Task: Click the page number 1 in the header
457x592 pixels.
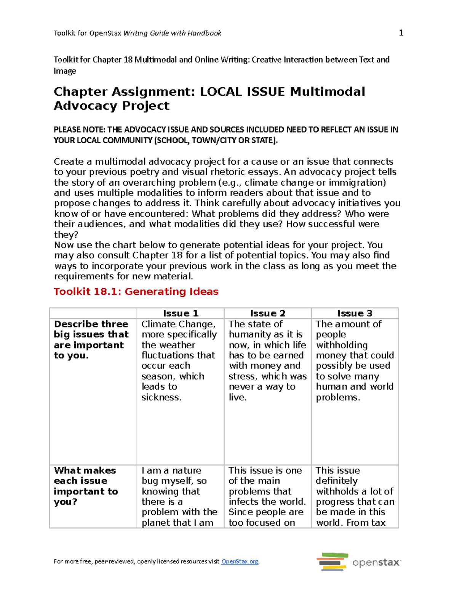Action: click(401, 33)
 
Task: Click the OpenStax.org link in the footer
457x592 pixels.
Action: click(240, 561)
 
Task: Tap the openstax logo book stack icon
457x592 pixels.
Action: click(332, 562)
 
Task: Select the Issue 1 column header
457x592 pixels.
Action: click(181, 313)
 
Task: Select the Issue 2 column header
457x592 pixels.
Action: click(268, 313)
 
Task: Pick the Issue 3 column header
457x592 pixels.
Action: click(355, 313)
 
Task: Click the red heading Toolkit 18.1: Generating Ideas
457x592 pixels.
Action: click(136, 292)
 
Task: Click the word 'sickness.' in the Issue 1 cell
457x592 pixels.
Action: click(161, 397)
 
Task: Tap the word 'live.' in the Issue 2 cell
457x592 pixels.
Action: click(238, 397)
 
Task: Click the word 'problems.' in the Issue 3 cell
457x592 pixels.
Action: click(338, 397)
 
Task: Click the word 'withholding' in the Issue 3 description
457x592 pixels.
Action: click(342, 345)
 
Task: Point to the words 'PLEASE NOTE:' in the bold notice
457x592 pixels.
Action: click(80, 130)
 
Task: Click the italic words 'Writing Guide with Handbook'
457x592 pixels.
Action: click(172, 33)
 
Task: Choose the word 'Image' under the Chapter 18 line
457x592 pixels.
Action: click(65, 71)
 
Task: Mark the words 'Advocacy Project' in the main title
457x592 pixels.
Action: click(112, 106)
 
